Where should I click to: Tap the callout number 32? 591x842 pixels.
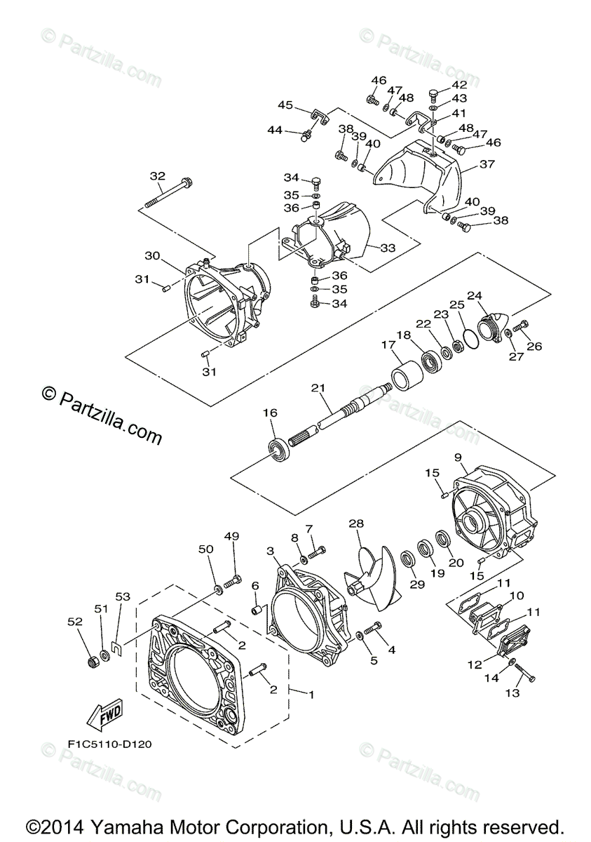[x=157, y=176]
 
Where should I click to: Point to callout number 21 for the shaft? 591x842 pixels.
[x=318, y=387]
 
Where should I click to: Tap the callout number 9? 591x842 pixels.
[x=457, y=457]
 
